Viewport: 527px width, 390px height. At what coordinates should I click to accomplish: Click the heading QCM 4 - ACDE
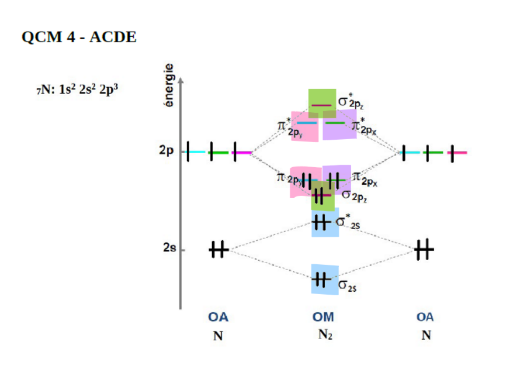pos(79,38)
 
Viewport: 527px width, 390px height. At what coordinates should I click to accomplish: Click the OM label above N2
pos(323,317)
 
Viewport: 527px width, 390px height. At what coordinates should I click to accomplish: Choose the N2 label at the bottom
pos(325,335)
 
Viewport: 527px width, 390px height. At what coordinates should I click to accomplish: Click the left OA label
pos(218,317)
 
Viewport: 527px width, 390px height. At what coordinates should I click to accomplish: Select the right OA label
pos(425,317)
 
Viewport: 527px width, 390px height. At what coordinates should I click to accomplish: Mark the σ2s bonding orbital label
pos(348,285)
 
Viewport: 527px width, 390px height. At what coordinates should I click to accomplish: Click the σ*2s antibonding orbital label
pos(347,223)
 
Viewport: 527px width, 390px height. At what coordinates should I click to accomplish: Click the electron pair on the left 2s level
pos(218,250)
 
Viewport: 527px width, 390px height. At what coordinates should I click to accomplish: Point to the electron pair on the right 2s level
pos(424,250)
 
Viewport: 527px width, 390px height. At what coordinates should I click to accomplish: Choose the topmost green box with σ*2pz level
pos(322,103)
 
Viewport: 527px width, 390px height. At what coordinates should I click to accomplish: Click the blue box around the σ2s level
pos(325,279)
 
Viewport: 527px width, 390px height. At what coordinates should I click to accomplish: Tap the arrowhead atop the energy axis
pos(181,78)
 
